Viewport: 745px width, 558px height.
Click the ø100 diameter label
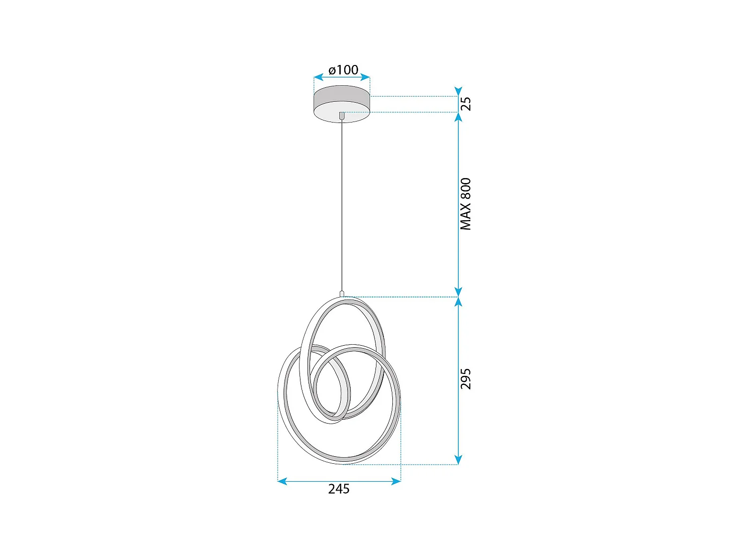tap(343, 70)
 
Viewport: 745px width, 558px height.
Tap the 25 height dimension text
tap(466, 104)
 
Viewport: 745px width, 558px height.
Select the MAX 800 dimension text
tap(465, 204)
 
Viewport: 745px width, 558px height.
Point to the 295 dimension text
tap(465, 379)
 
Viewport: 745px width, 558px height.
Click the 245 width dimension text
tap(339, 489)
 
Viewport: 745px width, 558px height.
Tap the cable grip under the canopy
tap(342, 116)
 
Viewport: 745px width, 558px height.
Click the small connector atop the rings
tap(342, 294)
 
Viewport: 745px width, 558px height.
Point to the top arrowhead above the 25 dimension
tap(458, 91)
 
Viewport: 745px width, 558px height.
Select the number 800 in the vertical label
tap(465, 188)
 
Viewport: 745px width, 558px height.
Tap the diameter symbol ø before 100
tap(332, 70)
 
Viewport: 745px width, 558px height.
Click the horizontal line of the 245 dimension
tap(339, 481)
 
